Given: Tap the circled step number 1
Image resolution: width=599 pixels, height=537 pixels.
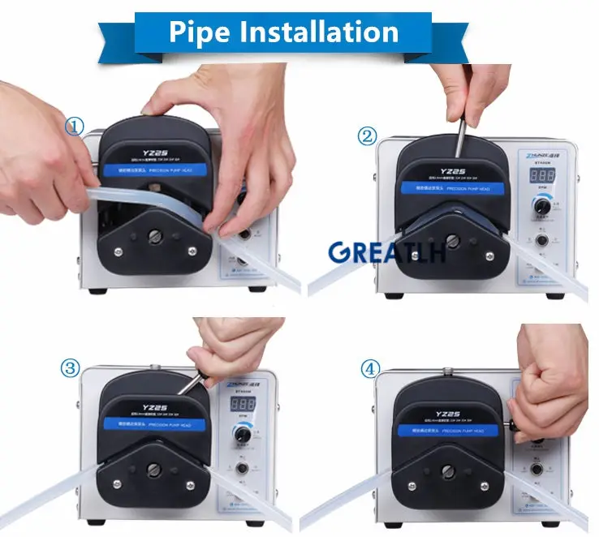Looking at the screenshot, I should point(74,126).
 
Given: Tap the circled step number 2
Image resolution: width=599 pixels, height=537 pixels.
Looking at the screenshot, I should point(367,136).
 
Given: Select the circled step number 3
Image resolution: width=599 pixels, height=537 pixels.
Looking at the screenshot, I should point(71,369).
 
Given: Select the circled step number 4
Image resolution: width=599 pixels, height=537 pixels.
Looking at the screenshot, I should point(369,369).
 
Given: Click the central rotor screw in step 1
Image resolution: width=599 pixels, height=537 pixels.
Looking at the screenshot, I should point(156,236).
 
